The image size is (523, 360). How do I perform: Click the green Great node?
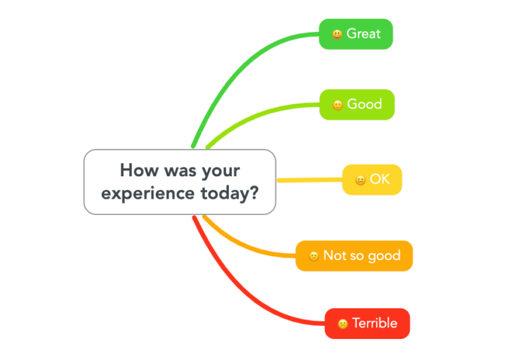356,33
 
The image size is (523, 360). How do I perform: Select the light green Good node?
357,104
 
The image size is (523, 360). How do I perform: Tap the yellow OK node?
373,180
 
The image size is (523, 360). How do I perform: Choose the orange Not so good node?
354,256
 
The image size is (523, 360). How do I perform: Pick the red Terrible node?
368,323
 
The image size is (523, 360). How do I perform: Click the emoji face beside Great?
337,34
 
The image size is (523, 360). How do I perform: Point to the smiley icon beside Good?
337,105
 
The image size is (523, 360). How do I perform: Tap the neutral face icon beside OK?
360,180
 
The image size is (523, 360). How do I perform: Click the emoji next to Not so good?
314,257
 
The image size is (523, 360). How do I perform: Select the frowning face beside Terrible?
343,324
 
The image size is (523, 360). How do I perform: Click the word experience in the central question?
138,193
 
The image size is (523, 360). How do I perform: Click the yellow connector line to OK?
310,180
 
